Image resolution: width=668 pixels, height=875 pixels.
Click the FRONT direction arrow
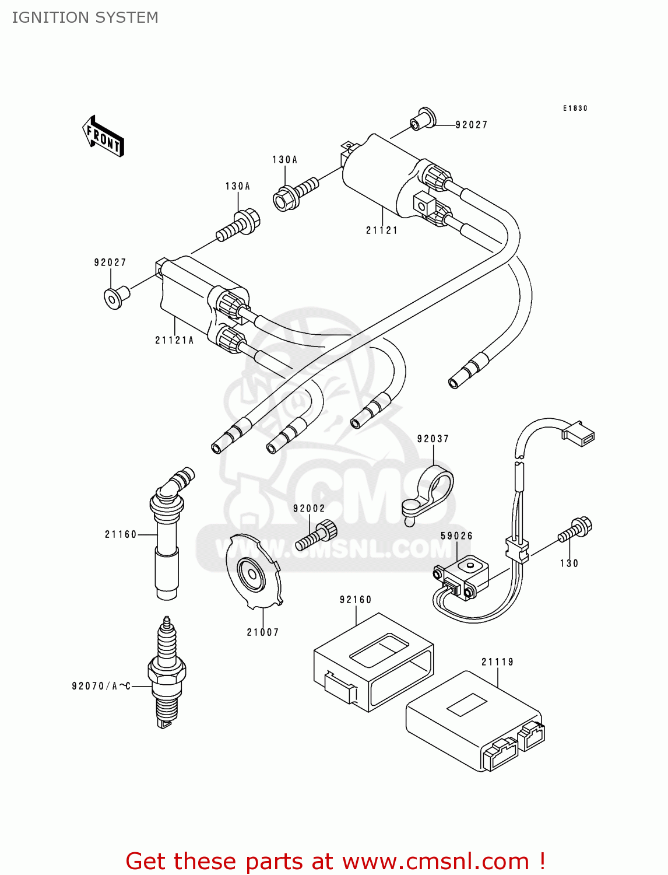[x=104, y=136]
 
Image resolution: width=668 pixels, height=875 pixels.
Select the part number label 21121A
[x=174, y=340]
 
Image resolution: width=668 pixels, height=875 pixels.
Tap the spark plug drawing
[x=167, y=674]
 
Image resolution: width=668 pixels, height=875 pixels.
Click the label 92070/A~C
[x=101, y=686]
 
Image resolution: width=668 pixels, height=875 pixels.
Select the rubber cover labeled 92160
[x=373, y=662]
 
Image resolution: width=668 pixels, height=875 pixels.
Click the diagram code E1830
[x=575, y=108]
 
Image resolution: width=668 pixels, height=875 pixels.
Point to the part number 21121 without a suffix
[x=382, y=230]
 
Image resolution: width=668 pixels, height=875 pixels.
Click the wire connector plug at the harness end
[x=578, y=433]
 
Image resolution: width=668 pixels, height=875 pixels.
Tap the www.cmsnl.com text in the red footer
[x=435, y=861]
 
